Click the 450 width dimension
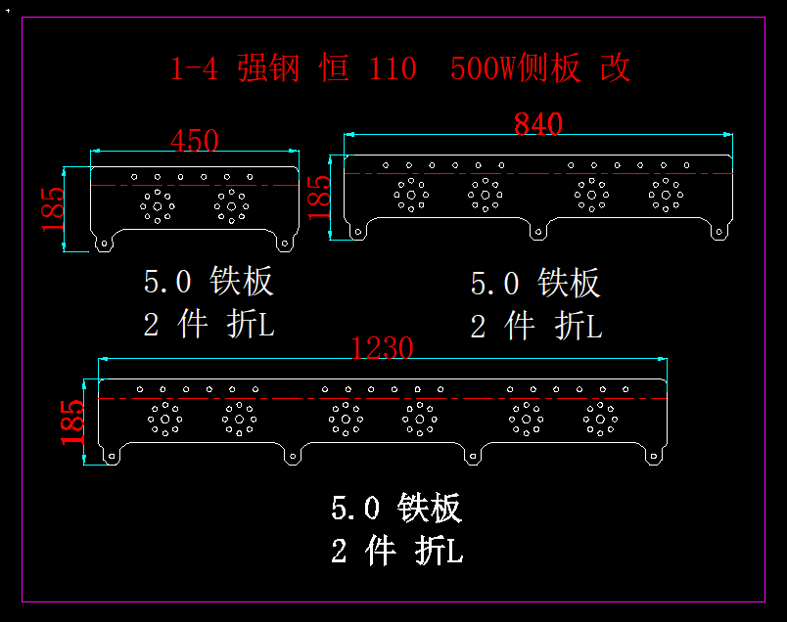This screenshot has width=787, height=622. tap(195, 141)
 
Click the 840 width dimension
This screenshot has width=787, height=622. tap(537, 124)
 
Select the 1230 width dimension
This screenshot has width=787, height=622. tap(383, 347)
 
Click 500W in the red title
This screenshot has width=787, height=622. tap(484, 69)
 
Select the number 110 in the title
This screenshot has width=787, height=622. tap(393, 69)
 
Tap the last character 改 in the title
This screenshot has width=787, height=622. tap(616, 69)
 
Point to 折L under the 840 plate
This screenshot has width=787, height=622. tap(578, 326)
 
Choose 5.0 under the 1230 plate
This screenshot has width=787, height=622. tap(354, 509)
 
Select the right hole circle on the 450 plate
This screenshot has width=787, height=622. tap(231, 205)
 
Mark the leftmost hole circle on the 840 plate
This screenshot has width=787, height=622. tap(410, 194)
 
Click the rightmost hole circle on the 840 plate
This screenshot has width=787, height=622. tap(666, 194)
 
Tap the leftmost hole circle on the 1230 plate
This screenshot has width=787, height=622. tap(164, 419)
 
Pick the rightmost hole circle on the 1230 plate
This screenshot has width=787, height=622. tap(600, 419)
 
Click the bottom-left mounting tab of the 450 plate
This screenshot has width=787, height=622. tap(102, 241)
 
